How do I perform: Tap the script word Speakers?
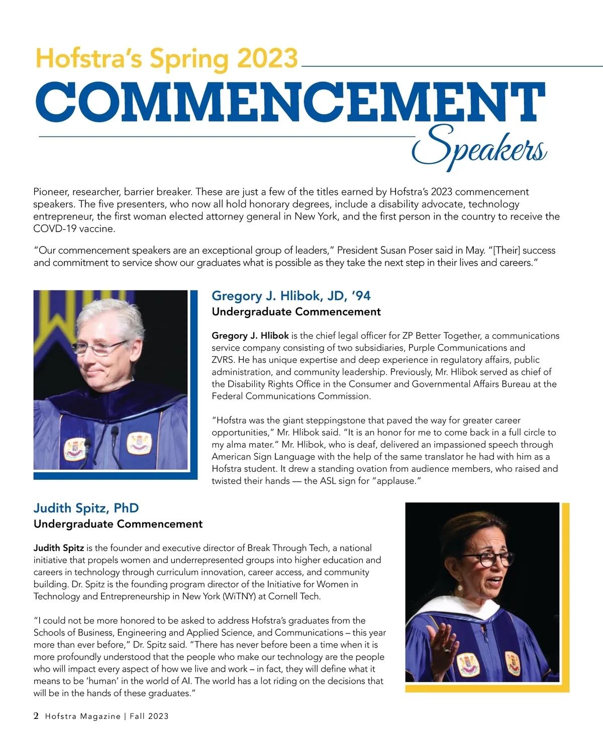pos(479,145)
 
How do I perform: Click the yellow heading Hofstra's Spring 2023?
pos(166,58)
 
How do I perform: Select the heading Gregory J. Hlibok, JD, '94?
pos(291,295)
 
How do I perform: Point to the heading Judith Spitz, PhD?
pos(86,508)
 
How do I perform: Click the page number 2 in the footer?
pos(36,716)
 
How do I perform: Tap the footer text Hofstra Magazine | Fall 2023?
pos(107,716)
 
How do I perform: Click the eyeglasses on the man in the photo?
pos(99,347)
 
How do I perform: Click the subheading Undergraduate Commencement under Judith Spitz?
pos(118,524)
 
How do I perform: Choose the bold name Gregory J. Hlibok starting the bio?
pos(250,336)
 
